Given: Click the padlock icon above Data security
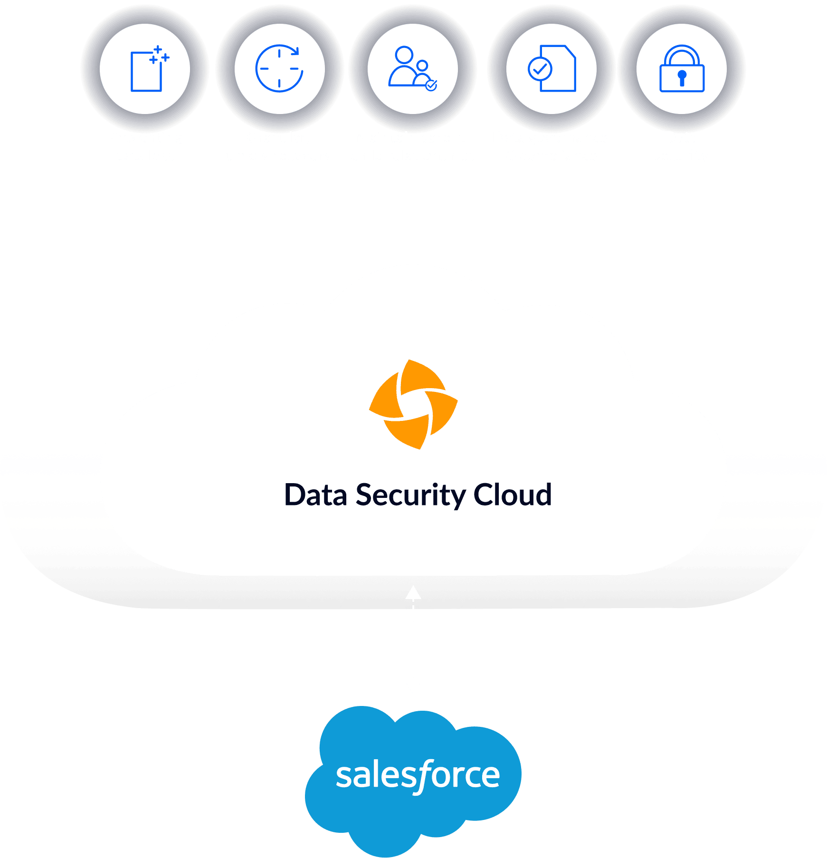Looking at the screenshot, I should pyautogui.click(x=682, y=69).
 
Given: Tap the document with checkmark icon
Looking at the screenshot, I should pyautogui.click(x=552, y=69).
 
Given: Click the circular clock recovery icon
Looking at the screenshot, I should pyautogui.click(x=279, y=69).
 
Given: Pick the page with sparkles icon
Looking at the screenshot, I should pyautogui.click(x=149, y=69).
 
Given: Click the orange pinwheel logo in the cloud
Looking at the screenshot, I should pyautogui.click(x=413, y=405).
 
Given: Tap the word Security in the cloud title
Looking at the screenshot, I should pyautogui.click(x=411, y=495).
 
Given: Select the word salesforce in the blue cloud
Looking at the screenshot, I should pyautogui.click(x=418, y=775).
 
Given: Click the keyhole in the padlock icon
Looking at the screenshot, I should pyautogui.click(x=682, y=76).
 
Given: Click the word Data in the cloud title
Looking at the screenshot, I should pyautogui.click(x=315, y=495).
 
